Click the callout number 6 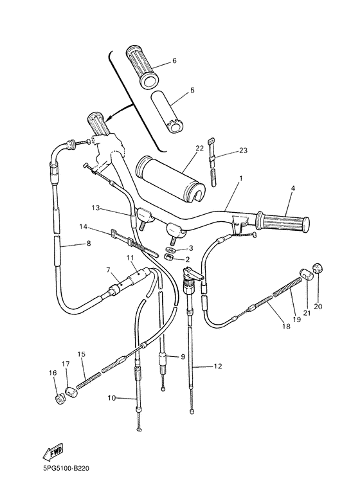tap(174, 61)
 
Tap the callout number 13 tap(95, 208)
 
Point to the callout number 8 tap(88, 244)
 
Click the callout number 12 tap(218, 366)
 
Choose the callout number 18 tap(286, 326)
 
